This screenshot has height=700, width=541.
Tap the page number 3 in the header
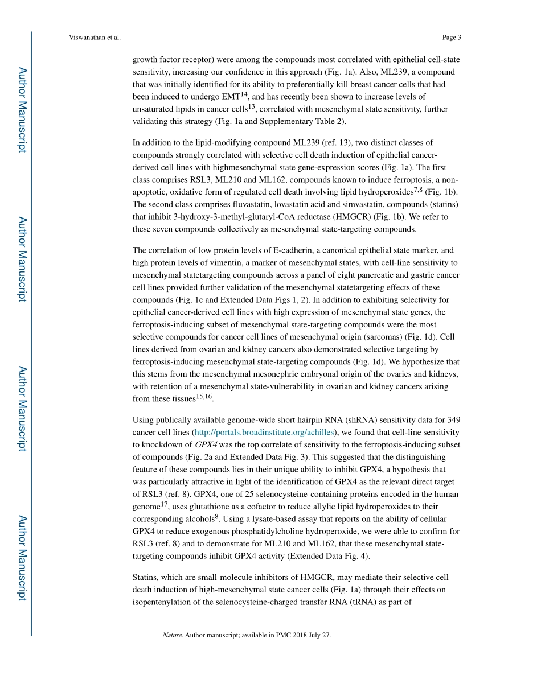click(459, 38)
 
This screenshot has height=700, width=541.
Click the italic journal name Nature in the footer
click(171, 635)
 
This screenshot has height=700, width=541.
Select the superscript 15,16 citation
click(204, 396)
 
